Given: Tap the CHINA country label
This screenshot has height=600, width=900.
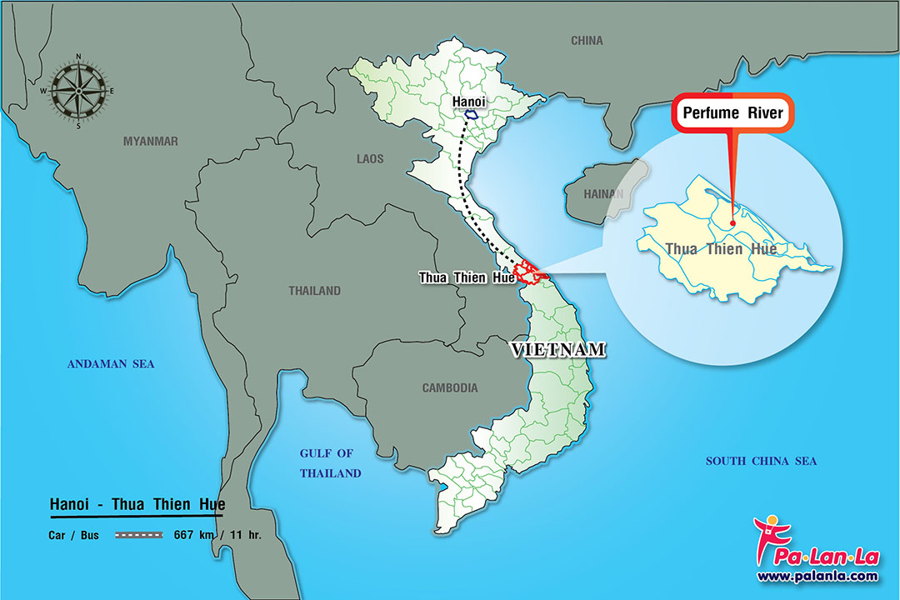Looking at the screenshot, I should [587, 40].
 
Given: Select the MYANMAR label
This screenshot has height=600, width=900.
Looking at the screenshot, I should [151, 141].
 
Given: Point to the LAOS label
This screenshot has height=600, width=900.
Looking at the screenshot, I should [369, 158].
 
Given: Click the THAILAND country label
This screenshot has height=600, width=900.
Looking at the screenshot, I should [314, 291].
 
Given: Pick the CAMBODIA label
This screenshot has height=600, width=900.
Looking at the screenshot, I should [450, 387].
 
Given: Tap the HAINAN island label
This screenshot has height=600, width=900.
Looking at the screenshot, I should [603, 194].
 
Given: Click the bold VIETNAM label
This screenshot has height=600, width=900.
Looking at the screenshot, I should [558, 350].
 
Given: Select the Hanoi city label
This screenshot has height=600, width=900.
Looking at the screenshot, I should [467, 101].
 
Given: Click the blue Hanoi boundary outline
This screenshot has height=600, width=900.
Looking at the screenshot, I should [472, 115].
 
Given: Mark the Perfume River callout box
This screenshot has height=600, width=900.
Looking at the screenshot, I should [733, 113].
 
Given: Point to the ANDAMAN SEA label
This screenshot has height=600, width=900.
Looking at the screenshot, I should [111, 363].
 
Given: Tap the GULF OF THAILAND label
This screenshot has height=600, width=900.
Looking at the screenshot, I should [330, 463].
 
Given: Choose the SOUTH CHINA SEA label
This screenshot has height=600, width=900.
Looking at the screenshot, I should [761, 461].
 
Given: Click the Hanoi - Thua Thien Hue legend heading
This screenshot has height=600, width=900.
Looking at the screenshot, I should [137, 505].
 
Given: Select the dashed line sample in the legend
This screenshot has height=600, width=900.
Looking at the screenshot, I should [138, 535].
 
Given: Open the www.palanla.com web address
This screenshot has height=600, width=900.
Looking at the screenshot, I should [817, 576].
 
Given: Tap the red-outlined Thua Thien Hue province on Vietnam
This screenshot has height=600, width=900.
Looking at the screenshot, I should [527, 272].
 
